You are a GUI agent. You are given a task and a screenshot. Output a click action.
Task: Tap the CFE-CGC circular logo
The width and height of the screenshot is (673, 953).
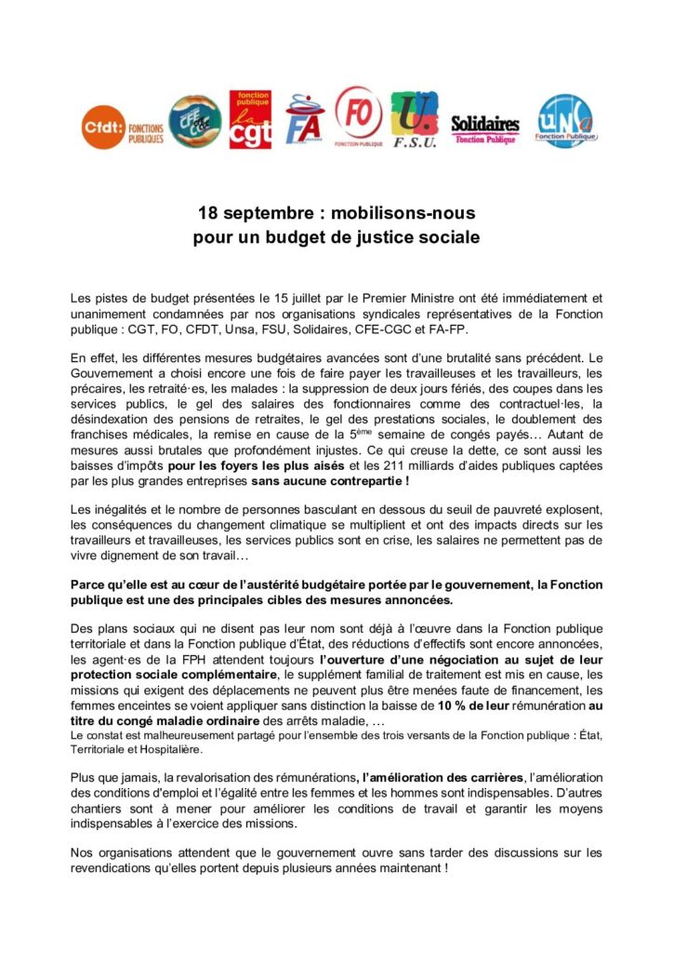point(194,121)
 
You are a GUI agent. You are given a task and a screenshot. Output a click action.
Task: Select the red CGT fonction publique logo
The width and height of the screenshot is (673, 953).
point(250,120)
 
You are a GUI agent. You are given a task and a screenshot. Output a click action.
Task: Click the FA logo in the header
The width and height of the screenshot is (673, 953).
point(304,120)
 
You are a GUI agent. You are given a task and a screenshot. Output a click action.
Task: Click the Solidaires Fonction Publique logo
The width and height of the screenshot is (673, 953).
point(484,127)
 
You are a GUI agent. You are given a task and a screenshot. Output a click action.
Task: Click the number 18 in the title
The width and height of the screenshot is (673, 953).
point(207,213)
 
